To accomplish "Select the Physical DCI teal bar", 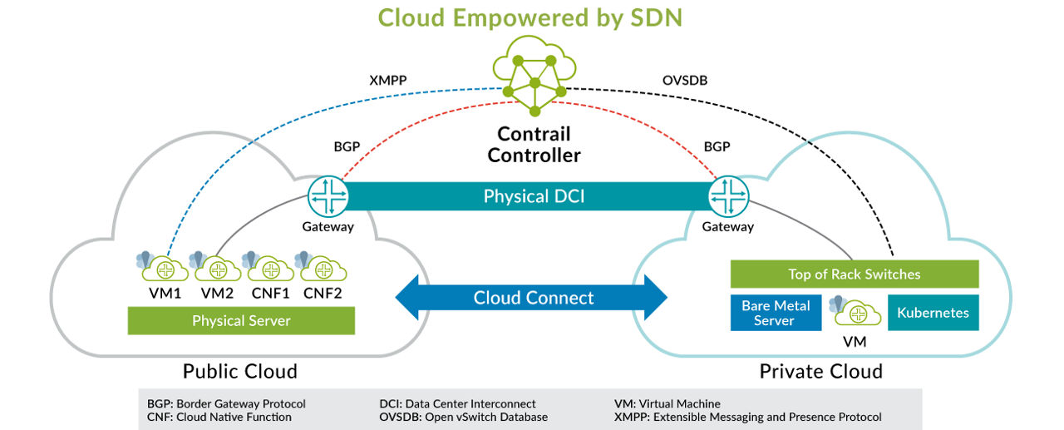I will (x=532, y=197).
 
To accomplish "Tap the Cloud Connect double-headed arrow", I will (x=532, y=298).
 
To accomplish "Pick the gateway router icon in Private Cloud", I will (x=728, y=197).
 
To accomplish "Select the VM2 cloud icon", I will (x=218, y=269).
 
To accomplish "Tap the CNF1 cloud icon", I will (x=271, y=269).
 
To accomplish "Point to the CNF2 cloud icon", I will (x=323, y=269).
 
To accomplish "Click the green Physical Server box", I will (x=241, y=321).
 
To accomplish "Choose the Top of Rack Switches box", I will (x=854, y=274).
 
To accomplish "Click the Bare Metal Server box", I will (x=776, y=313).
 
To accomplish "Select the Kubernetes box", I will (x=933, y=313).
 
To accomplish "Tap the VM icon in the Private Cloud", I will (x=855, y=314).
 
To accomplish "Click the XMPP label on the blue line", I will (x=387, y=81).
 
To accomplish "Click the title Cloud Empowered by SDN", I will (x=530, y=17).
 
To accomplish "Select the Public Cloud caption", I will (x=240, y=371).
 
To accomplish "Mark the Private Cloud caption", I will (x=820, y=371).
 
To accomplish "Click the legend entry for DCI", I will (x=457, y=403).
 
